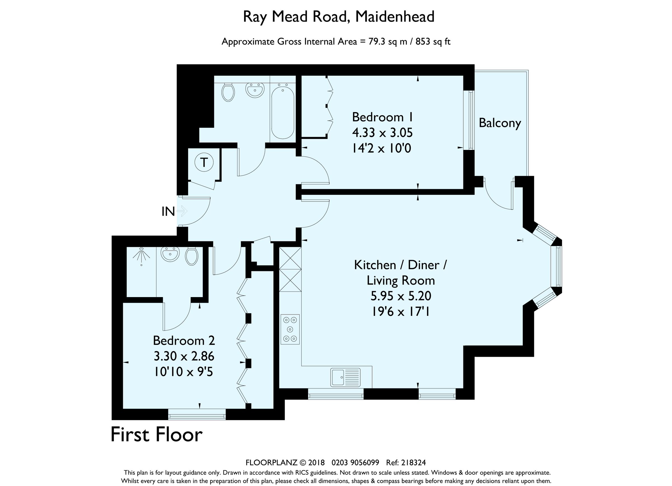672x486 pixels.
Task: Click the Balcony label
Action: [500, 123]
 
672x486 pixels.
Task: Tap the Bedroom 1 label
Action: [382, 117]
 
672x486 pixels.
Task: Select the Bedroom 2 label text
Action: [184, 341]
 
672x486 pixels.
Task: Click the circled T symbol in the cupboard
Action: [204, 163]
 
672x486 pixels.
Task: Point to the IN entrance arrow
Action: [182, 211]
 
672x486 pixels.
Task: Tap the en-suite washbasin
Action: [170, 254]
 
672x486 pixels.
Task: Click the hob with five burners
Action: [290, 329]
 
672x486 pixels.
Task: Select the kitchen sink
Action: [346, 377]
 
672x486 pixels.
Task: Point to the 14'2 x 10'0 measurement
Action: [382, 148]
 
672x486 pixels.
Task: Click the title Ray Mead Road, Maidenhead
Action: [339, 17]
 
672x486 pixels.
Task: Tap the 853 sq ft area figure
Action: [433, 42]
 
